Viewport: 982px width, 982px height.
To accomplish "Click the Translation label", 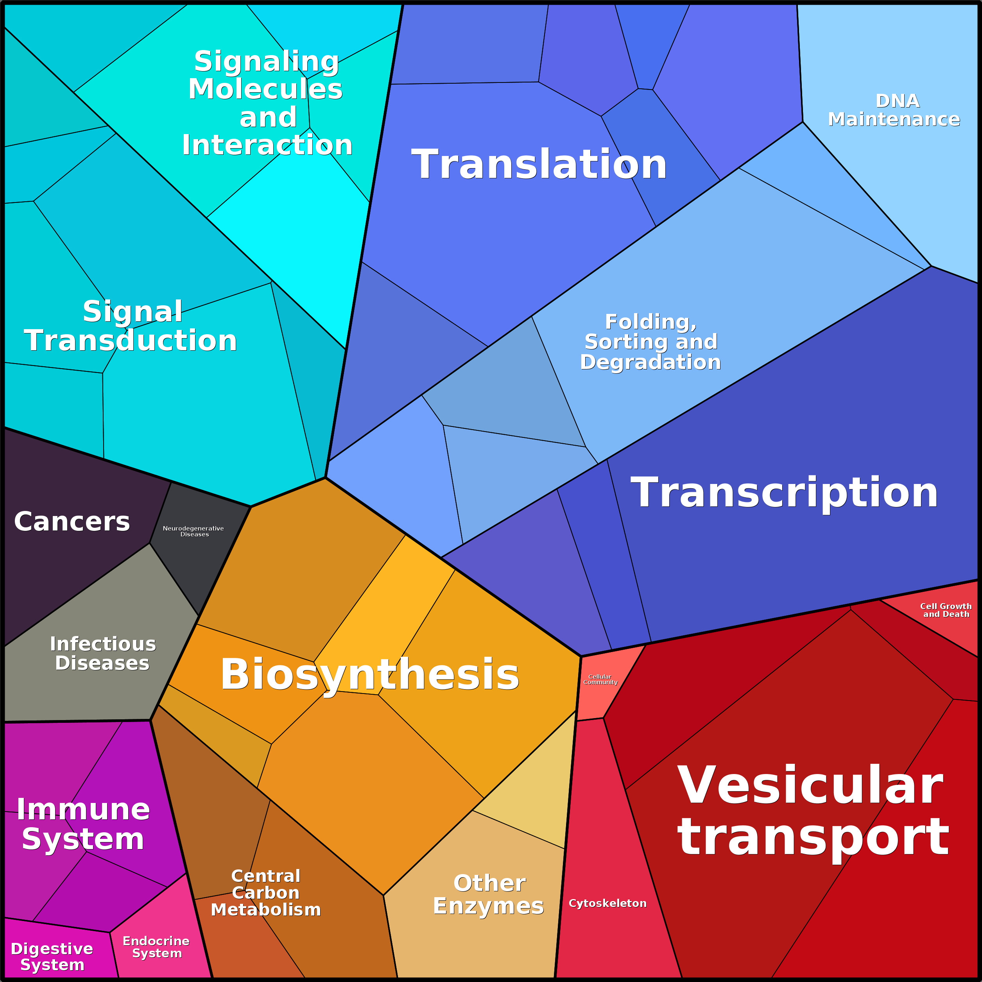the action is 539,165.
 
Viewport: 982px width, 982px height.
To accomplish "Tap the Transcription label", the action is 784,493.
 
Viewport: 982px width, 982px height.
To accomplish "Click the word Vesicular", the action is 810,785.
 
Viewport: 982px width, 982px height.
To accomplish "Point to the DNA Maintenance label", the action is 894,110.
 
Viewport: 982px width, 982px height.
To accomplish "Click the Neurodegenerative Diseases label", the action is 194,531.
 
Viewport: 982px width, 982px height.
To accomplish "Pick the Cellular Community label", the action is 600,679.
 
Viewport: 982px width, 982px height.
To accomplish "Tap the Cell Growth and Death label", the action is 946,610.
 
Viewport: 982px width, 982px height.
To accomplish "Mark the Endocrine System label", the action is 156,947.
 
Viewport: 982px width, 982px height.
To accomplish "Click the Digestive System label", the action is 52,957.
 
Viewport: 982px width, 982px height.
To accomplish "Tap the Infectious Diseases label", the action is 103,653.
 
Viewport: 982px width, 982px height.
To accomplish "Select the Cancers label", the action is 72,521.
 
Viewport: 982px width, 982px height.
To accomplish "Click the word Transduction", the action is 131,340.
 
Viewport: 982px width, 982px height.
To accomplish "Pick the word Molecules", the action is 265,89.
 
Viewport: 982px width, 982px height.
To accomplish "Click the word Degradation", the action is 650,362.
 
